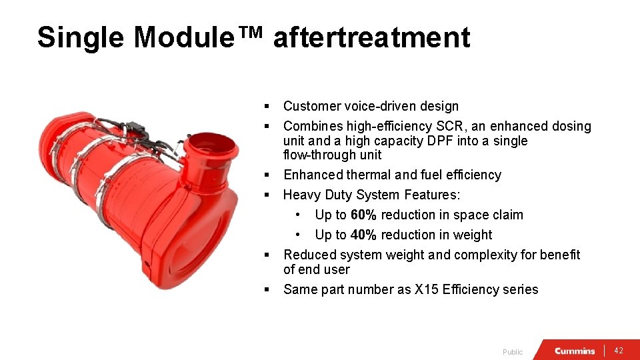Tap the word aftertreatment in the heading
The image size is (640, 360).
coord(371,38)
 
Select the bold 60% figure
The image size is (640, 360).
coord(363,215)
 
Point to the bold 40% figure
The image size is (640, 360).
coord(363,235)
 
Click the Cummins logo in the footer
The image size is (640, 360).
coord(575,351)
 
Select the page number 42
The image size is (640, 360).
coord(619,351)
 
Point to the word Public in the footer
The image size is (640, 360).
coord(513,352)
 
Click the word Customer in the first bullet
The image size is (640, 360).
coord(311,106)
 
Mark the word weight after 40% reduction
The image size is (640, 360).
coord(472,235)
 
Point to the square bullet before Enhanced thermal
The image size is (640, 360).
coord(266,175)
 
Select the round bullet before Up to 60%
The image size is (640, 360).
coord(298,215)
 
